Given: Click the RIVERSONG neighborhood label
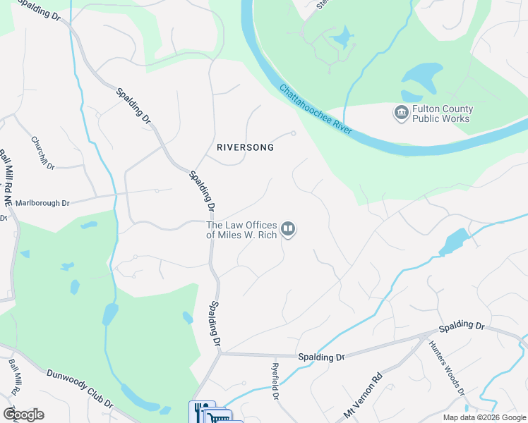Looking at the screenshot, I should click(245, 148).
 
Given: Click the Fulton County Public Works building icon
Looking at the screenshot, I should click(401, 113).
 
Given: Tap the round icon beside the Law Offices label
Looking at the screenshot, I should click(288, 229).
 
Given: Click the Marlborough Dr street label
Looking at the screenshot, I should click(43, 203).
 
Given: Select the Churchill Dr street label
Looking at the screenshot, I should click(43, 152).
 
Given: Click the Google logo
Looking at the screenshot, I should click(23, 414).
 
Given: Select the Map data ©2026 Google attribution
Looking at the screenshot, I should click(484, 417).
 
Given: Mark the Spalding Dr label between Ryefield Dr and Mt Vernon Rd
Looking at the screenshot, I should click(320, 357).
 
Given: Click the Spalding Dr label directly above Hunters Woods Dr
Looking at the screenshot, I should click(462, 327).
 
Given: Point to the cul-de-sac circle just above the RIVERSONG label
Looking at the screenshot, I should click(294, 133).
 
